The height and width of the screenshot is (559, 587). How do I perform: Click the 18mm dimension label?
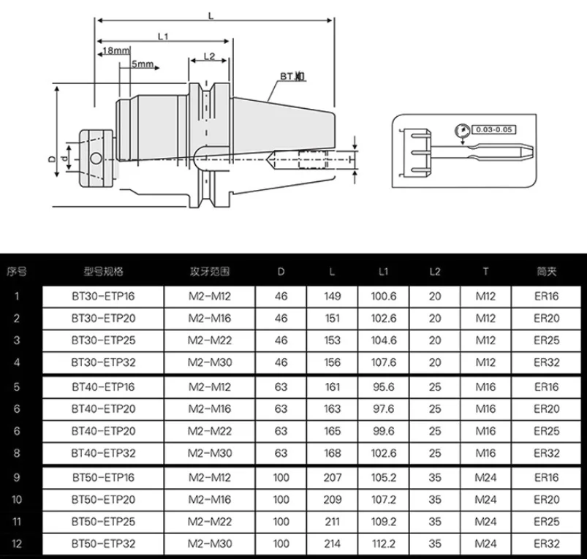(x=116, y=50)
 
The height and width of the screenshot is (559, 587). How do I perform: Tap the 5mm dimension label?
(x=143, y=64)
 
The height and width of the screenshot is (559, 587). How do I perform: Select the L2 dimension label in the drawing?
(x=209, y=56)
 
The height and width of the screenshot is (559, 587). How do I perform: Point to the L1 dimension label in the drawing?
(x=163, y=37)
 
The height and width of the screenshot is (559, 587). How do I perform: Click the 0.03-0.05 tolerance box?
(x=493, y=129)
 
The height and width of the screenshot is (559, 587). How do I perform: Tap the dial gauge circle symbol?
(x=462, y=131)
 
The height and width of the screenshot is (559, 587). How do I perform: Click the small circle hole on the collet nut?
(x=96, y=159)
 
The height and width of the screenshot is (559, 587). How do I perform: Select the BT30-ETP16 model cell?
(x=103, y=297)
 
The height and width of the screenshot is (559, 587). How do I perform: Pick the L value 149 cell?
(x=333, y=297)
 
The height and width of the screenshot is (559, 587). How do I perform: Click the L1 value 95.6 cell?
(x=384, y=387)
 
